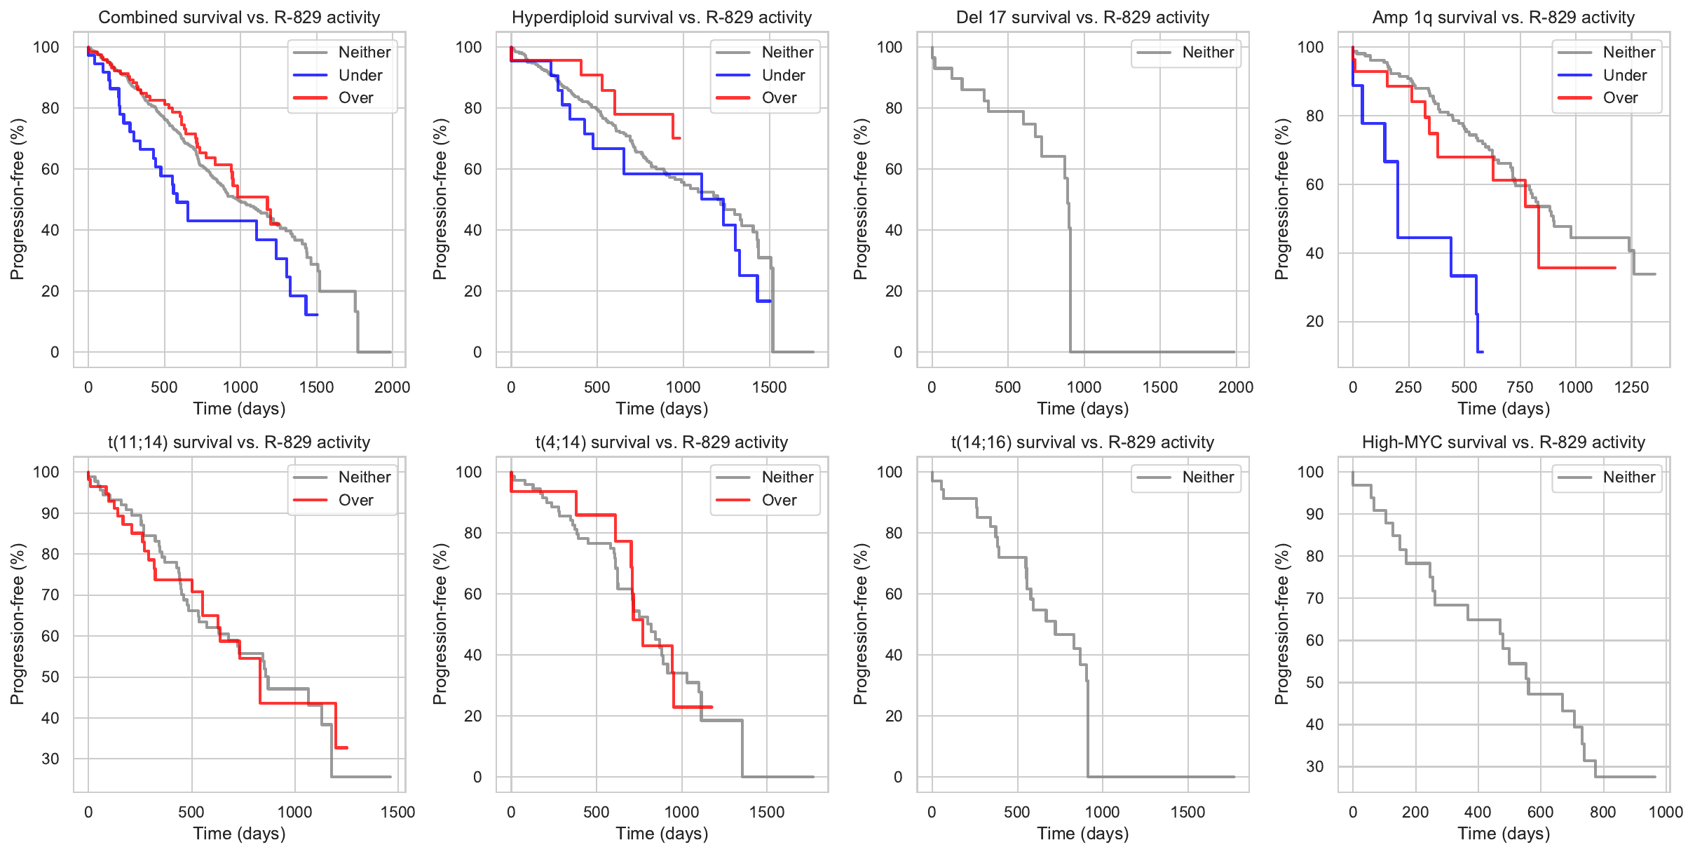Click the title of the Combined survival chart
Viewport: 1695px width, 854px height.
point(239,18)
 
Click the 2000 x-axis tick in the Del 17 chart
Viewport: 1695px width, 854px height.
point(1236,387)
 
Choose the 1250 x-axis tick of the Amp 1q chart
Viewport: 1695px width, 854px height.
point(1631,387)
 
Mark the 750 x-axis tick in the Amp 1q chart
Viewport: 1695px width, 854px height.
point(1520,387)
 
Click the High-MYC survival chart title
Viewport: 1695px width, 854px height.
point(1504,442)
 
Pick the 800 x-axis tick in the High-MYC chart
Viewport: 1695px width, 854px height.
point(1603,812)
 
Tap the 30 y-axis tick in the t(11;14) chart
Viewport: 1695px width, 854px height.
point(50,759)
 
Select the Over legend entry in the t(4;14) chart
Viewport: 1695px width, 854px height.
point(779,500)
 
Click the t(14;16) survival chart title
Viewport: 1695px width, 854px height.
point(1082,442)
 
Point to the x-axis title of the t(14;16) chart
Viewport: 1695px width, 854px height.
point(1082,833)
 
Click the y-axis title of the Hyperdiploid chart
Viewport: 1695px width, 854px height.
point(440,199)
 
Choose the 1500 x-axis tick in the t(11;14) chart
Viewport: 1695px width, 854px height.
point(398,812)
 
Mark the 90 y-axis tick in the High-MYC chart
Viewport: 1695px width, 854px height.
point(1314,514)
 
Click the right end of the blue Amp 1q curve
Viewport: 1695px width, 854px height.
point(1482,351)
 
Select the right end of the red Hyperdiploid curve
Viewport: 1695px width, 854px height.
point(680,138)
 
